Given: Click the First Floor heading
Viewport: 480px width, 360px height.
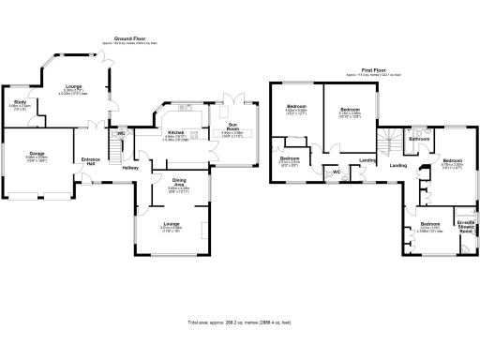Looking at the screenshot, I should click(373, 70).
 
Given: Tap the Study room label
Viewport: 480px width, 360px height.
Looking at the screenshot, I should click(20, 102).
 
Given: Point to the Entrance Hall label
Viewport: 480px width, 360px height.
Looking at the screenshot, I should click(90, 161).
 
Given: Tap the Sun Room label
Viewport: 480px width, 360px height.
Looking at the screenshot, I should click(232, 127).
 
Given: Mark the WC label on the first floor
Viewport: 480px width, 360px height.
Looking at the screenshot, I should click(335, 172).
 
